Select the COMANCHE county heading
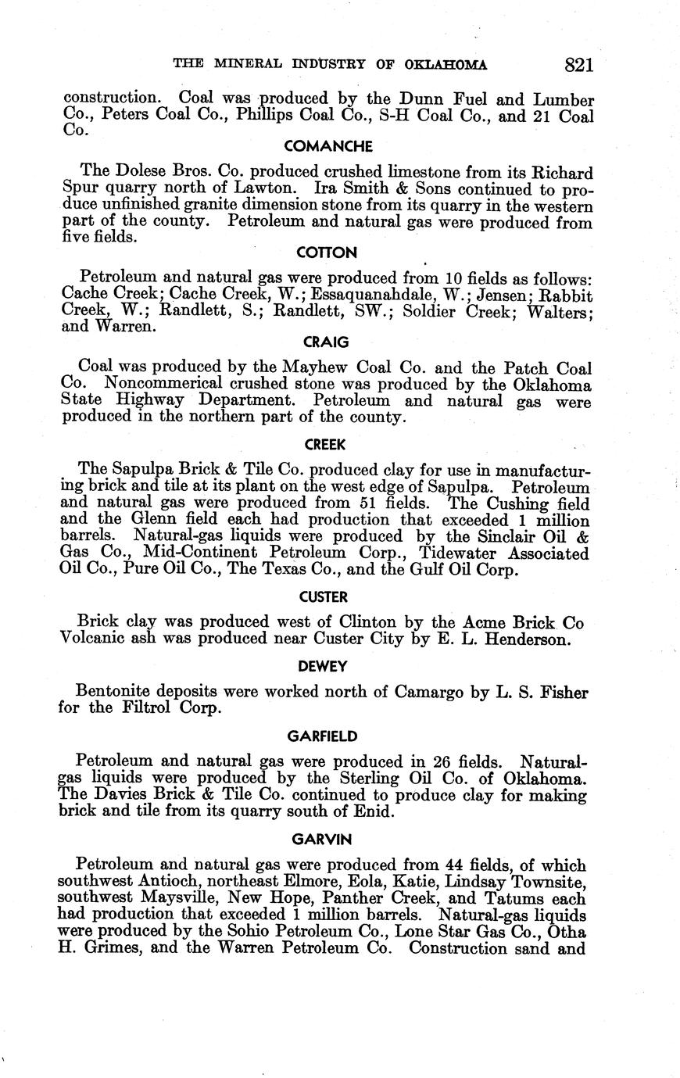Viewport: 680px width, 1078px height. pyautogui.click(x=328, y=146)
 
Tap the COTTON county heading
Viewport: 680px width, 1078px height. pyautogui.click(x=327, y=252)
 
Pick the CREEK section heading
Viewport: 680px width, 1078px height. pyautogui.click(x=326, y=444)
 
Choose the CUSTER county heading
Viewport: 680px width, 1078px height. pyautogui.click(x=323, y=597)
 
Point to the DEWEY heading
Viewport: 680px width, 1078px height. pyautogui.click(x=322, y=666)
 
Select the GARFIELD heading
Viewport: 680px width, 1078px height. pyautogui.click(x=323, y=736)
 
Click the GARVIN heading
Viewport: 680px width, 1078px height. pyautogui.click(x=322, y=839)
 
